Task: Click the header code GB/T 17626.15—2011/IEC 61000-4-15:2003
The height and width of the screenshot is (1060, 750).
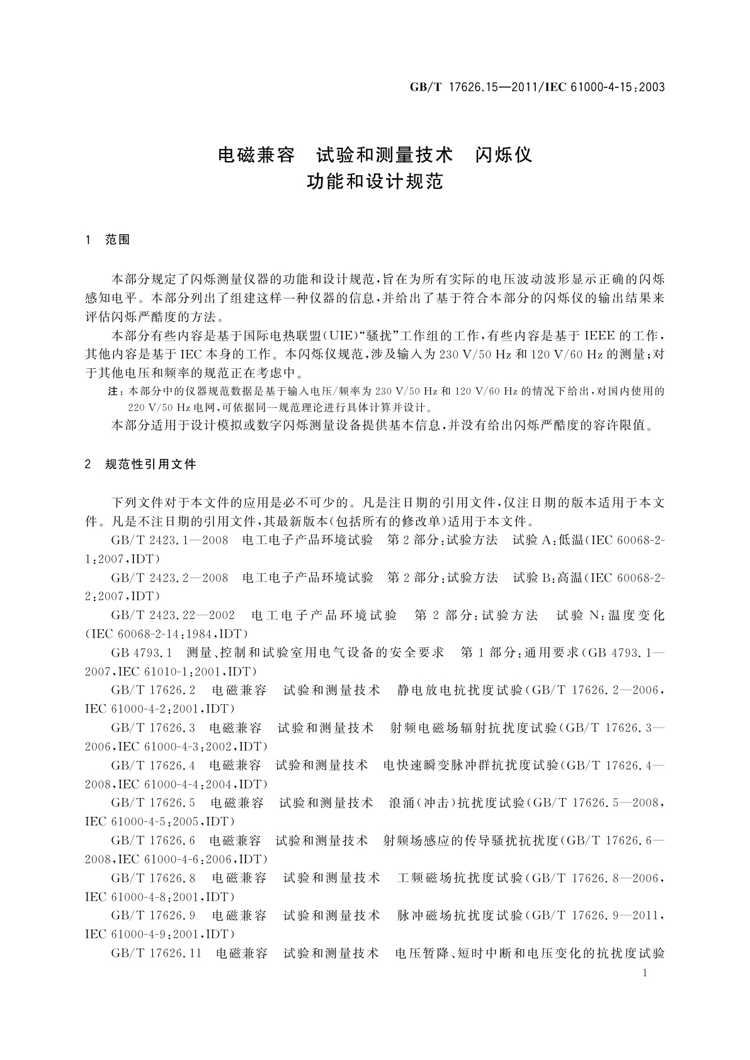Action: point(537,87)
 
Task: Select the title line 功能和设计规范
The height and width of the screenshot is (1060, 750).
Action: point(375,182)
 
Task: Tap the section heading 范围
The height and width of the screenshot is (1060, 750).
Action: point(118,240)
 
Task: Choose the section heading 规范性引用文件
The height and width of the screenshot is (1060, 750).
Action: point(151,465)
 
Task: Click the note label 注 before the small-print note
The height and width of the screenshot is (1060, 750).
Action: point(115,392)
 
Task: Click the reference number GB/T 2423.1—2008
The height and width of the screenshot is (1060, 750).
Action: point(169,541)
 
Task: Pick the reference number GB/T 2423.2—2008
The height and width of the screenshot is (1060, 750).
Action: point(169,577)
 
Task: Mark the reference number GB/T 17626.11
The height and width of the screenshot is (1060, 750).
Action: point(156,953)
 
